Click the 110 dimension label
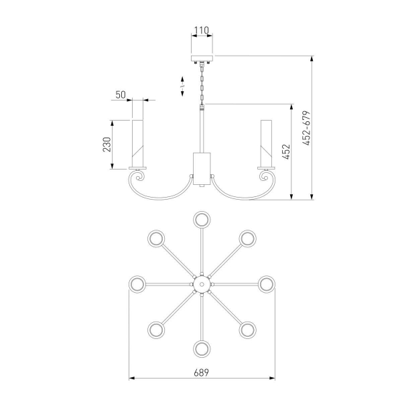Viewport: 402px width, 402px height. [201, 31]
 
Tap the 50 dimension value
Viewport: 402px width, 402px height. [121, 95]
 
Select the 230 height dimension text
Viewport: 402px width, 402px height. [107, 145]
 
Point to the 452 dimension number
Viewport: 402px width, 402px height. [286, 152]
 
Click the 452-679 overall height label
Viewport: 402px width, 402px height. [306, 128]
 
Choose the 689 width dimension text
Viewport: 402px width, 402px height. [201, 373]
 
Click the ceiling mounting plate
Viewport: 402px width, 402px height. [202, 58]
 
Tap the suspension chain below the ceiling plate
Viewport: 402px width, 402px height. [202, 84]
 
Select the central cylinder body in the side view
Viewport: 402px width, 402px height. [202, 169]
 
